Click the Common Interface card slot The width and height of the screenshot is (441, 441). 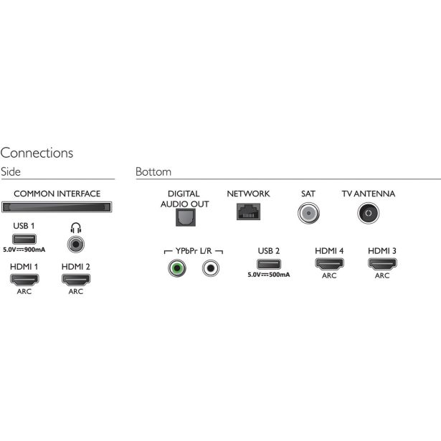[57, 207]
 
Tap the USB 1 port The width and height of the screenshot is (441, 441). [24, 239]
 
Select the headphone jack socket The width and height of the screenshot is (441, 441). [76, 244]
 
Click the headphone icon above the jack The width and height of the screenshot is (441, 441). [76, 228]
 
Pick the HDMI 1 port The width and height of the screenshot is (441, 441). [24, 280]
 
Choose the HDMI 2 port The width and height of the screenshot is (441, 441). [76, 280]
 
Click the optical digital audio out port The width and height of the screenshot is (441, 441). [186, 217]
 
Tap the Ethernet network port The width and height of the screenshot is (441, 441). [248, 212]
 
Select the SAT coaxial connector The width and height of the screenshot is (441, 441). [308, 213]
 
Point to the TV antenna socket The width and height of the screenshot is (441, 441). [369, 213]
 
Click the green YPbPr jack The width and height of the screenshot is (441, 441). [177, 268]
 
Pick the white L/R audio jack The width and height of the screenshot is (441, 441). [210, 268]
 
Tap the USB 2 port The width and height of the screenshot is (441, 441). [269, 264]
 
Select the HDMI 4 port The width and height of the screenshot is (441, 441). [329, 264]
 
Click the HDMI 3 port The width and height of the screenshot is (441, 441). [382, 264]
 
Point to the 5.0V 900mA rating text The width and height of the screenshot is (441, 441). [24, 250]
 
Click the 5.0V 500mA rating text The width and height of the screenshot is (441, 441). [269, 275]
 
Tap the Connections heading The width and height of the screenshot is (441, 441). [37, 153]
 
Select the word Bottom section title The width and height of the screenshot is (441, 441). [153, 171]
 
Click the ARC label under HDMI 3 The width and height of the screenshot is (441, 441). [382, 275]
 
